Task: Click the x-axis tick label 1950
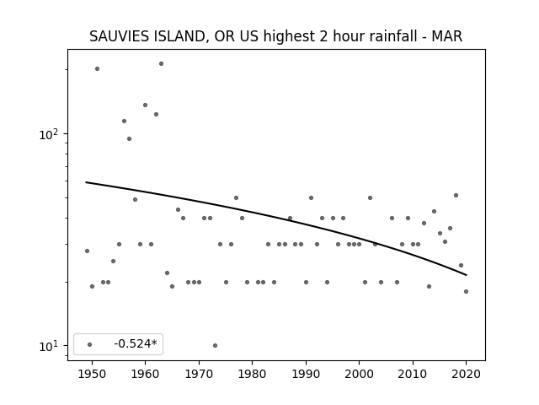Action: pos(92,374)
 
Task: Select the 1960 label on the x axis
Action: pos(145,374)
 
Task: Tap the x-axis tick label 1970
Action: pos(199,374)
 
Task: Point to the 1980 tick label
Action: pos(252,374)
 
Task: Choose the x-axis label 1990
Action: pos(306,374)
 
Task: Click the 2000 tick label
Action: pos(359,374)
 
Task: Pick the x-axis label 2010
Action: pos(413,374)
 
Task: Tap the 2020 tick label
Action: pos(466,374)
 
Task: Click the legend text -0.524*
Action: pos(136,343)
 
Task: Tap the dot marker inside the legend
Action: pos(90,344)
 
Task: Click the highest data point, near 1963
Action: pos(161,64)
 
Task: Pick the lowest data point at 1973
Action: pos(215,345)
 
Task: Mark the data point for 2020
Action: pos(466,291)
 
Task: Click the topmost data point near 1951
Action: pos(98,69)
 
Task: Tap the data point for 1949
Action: pos(87,251)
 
